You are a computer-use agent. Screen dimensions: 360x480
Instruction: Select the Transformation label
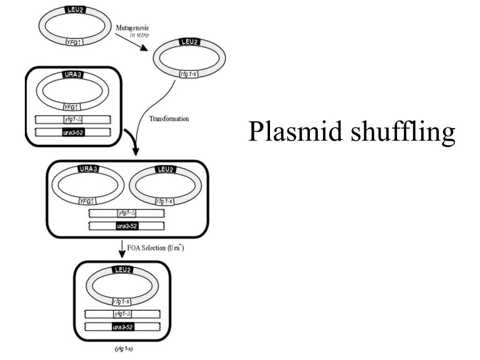click(x=169, y=119)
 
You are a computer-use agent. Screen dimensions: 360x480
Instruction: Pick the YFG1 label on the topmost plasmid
click(x=75, y=42)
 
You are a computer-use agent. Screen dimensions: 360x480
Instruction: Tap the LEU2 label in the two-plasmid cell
click(x=166, y=169)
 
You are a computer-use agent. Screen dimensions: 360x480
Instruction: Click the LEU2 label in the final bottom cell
click(x=122, y=270)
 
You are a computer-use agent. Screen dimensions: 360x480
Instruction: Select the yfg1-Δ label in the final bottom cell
click(x=122, y=314)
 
